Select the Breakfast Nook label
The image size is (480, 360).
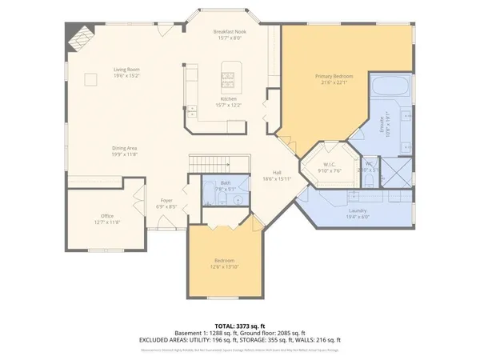[x=230, y=31]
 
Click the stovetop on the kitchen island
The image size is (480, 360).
[x=227, y=78]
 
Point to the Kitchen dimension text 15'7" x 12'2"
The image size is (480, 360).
[x=230, y=105]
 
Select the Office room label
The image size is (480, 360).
[x=106, y=216]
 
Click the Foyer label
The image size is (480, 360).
[x=166, y=200]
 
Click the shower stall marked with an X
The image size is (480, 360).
[x=393, y=169]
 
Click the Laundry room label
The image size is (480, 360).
[x=358, y=210]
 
